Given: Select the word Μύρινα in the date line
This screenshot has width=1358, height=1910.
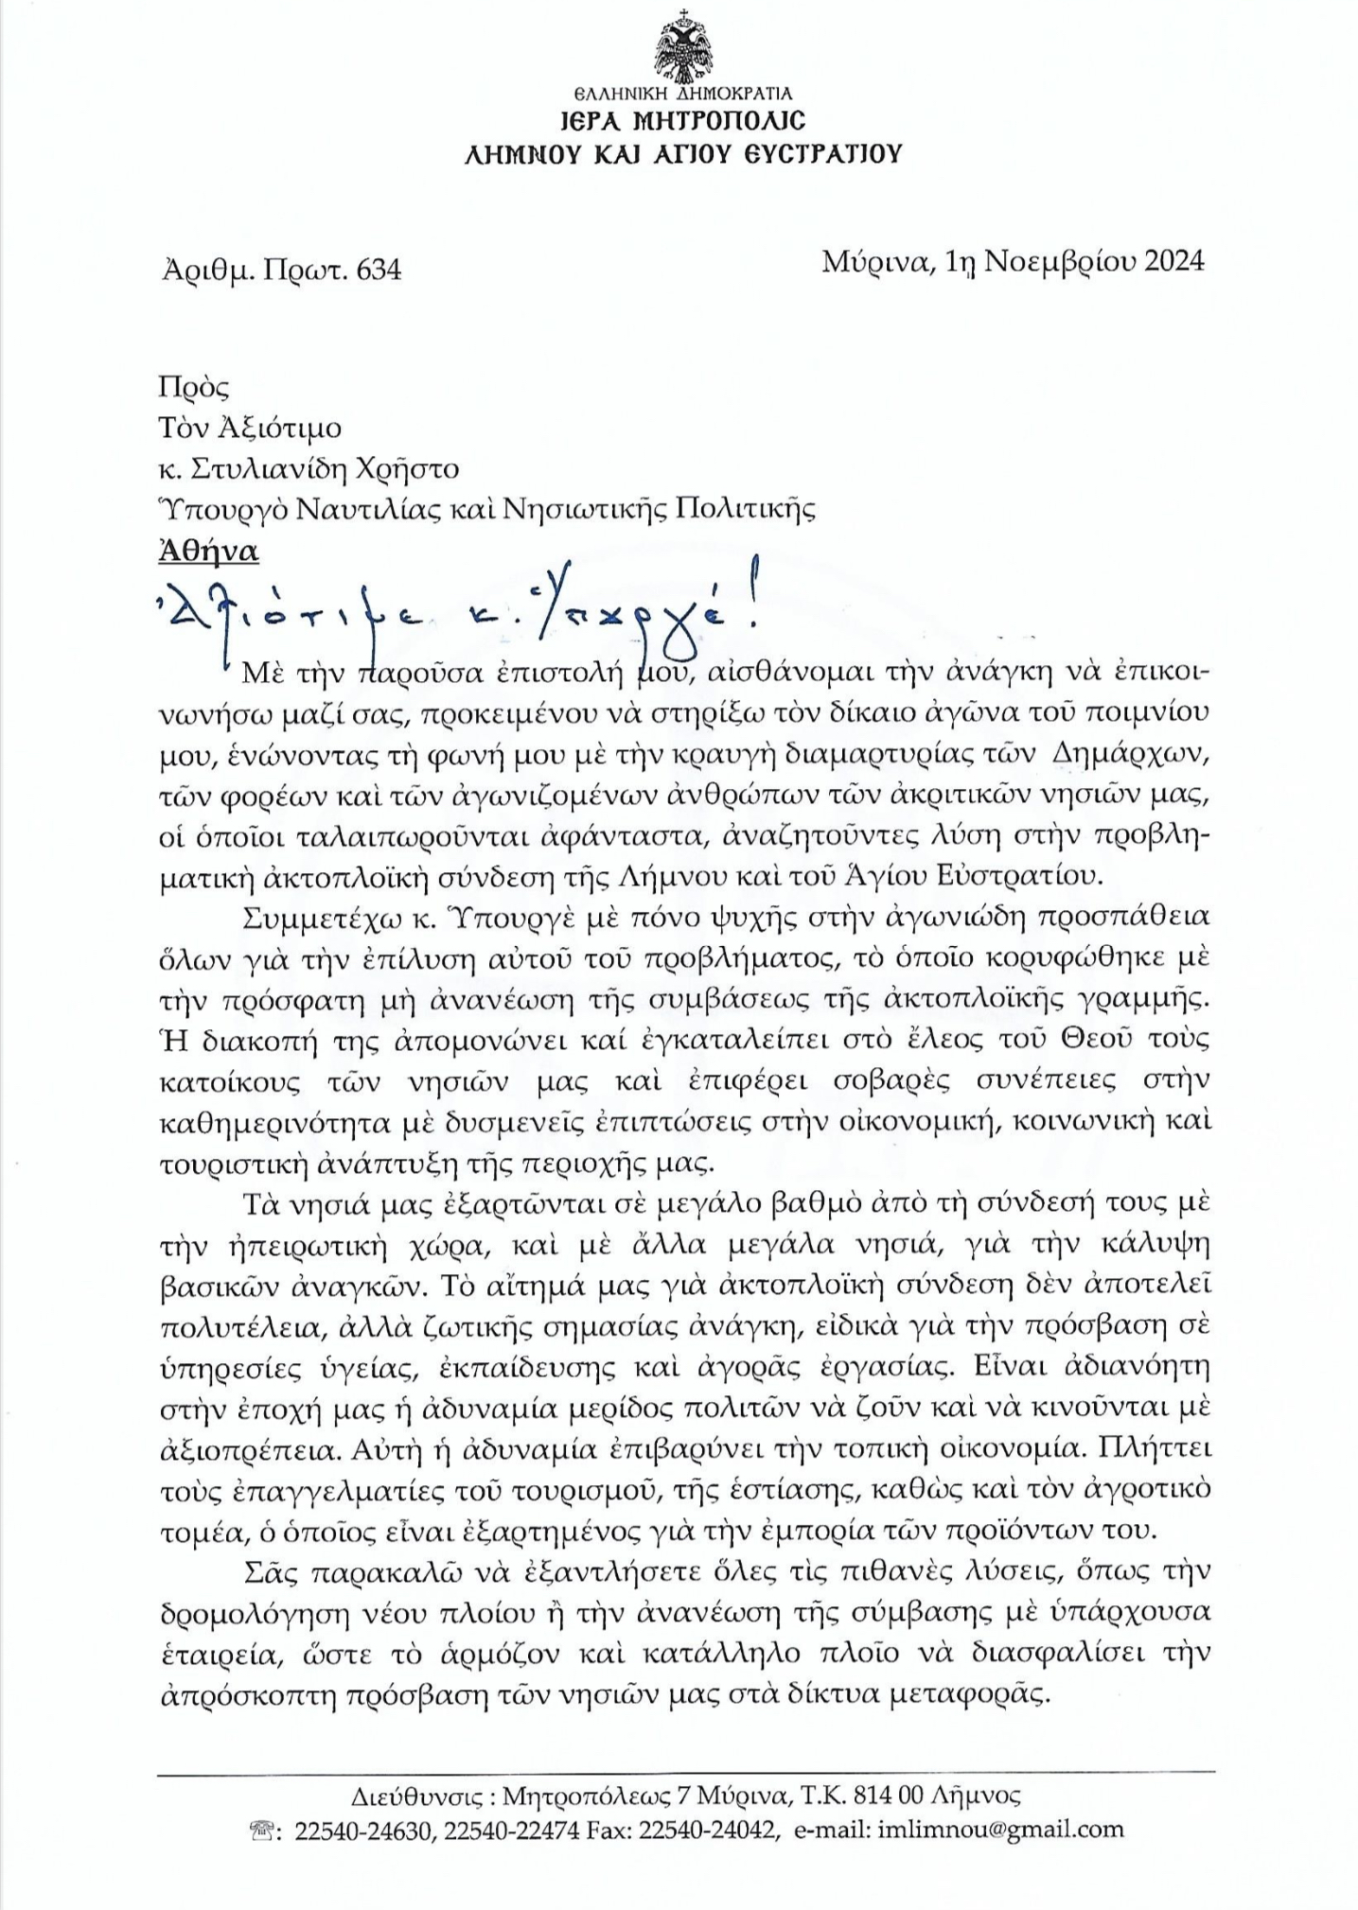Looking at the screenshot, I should pyautogui.click(x=874, y=261).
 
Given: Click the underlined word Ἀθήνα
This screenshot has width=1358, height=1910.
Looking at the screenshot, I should pyautogui.click(x=209, y=552).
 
